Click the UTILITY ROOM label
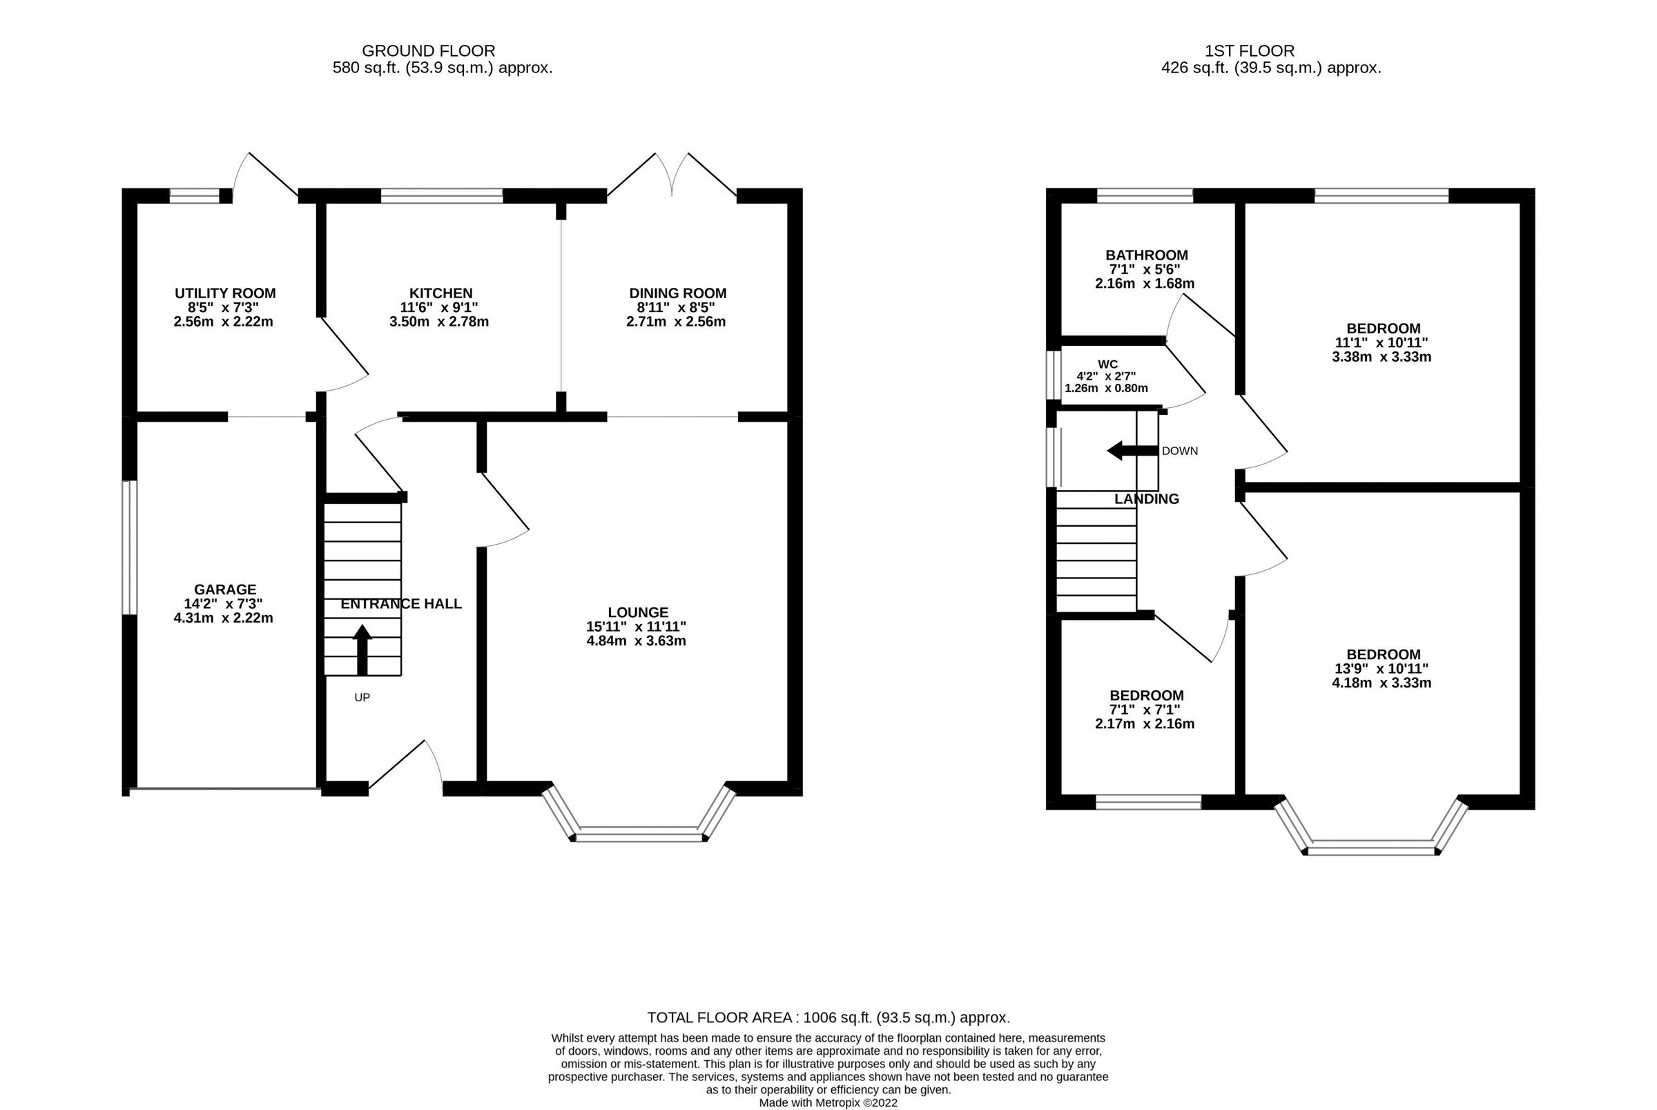(225, 293)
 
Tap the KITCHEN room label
(440, 293)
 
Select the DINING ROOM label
(677, 293)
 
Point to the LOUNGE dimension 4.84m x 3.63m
(636, 641)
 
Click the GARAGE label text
(225, 589)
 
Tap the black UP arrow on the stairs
(362, 649)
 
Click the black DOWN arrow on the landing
(1132, 450)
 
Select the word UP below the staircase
(362, 697)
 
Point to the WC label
(1107, 364)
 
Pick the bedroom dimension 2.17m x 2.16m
(1144, 723)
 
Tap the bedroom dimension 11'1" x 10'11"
(1382, 342)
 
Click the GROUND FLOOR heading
(428, 51)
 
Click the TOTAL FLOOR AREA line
(828, 1018)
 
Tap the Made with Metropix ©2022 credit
(828, 1102)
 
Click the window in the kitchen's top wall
(442, 195)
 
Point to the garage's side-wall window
(129, 547)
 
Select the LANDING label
(1146, 499)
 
